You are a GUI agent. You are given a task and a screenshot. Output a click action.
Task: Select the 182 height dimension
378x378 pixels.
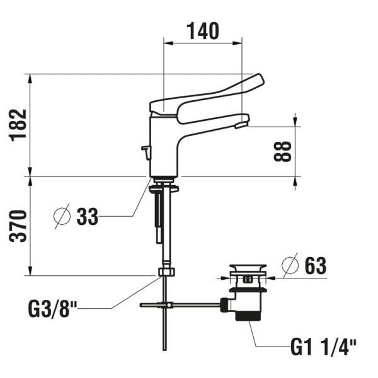pos(18,125)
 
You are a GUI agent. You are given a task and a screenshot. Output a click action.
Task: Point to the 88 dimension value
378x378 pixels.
pos(285,151)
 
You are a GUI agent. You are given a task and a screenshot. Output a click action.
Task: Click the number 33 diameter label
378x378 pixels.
pos(88,217)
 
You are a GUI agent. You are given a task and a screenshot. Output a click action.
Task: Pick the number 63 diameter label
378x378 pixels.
pos(314,266)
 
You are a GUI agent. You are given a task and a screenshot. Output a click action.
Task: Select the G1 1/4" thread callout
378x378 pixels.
pos(323,346)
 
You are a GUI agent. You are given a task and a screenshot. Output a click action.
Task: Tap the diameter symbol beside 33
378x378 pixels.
pos(62,217)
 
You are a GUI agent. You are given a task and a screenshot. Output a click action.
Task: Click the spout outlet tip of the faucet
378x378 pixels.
pos(240,125)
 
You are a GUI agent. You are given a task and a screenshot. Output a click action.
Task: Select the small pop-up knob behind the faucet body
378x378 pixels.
pos(145,151)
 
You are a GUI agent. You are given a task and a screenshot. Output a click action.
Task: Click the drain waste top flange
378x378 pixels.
pos(246,272)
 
